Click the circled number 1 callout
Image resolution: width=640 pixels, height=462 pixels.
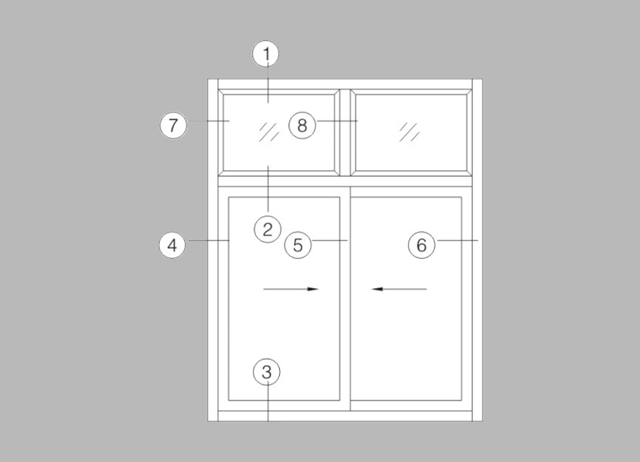pyautogui.click(x=266, y=54)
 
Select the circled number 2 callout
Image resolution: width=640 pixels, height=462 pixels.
pyautogui.click(x=268, y=229)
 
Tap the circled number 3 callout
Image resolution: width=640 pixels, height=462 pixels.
pyautogui.click(x=267, y=372)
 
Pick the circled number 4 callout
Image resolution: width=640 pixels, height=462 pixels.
pyautogui.click(x=172, y=246)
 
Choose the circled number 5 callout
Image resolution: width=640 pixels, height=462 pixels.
pyautogui.click(x=298, y=245)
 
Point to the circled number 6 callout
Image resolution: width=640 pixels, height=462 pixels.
pyautogui.click(x=422, y=245)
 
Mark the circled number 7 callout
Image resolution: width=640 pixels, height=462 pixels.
pyautogui.click(x=173, y=125)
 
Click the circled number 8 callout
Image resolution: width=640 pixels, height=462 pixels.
pyautogui.click(x=302, y=125)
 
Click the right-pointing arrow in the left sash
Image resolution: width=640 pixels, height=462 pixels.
pyautogui.click(x=291, y=289)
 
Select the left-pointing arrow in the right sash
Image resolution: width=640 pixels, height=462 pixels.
pyautogui.click(x=399, y=289)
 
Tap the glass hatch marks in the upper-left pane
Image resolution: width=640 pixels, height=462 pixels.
pyautogui.click(x=269, y=132)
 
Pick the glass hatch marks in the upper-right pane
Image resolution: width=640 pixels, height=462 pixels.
pyautogui.click(x=409, y=132)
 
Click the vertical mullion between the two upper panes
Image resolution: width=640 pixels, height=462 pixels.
pyautogui.click(x=345, y=133)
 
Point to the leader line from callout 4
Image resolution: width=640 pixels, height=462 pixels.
pyautogui.click(x=209, y=240)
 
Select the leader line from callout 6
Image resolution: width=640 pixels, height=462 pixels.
pyautogui.click(x=456, y=240)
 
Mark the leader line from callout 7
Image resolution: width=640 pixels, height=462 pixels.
pyautogui.click(x=208, y=121)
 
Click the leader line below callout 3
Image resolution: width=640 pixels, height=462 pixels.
pyautogui.click(x=268, y=403)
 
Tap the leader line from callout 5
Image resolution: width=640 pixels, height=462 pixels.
pyautogui.click(x=329, y=240)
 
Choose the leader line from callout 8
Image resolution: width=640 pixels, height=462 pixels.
pyautogui.click(x=337, y=121)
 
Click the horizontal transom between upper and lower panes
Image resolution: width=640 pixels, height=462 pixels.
pyautogui.click(x=345, y=182)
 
